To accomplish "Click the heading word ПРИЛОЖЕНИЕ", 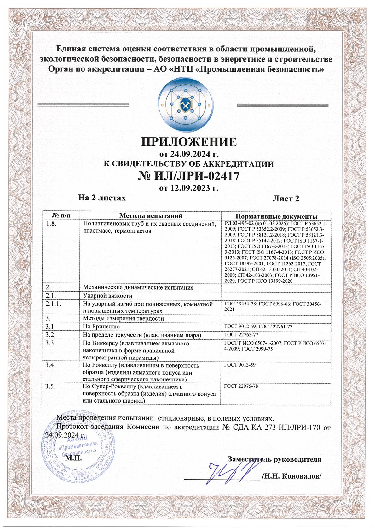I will [188, 142].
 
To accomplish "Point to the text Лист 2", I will [286, 198].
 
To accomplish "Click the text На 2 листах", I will [102, 198].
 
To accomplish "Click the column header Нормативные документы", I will [276, 216].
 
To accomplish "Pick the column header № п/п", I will [61, 216].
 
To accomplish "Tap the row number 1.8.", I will [51, 224].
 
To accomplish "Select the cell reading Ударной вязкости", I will [107, 296].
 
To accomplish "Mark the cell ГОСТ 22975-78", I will [241, 386].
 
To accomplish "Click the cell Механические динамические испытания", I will [138, 288].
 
